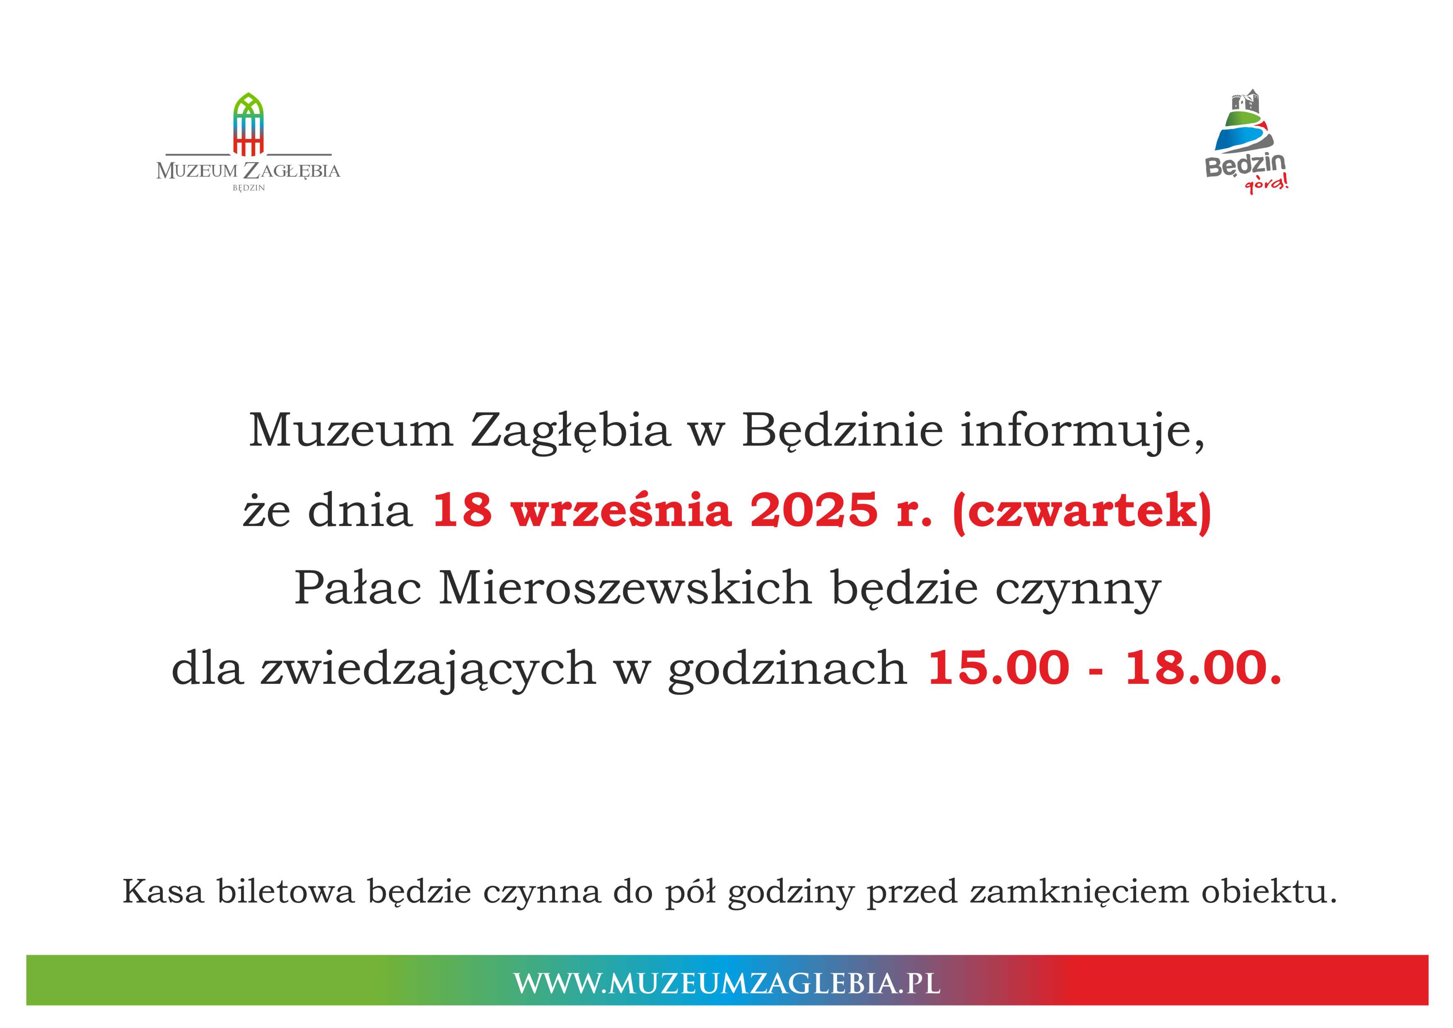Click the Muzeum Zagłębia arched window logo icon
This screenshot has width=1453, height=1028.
click(x=248, y=124)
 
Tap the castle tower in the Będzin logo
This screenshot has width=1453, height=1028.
click(x=1245, y=103)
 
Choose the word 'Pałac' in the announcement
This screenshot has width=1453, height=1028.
click(x=357, y=587)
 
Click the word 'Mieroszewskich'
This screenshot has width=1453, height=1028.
click(x=625, y=587)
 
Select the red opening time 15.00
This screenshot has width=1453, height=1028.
click(x=998, y=667)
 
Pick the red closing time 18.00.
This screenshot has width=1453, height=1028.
click(x=1203, y=667)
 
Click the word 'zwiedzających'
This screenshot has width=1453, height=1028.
click(x=428, y=670)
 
